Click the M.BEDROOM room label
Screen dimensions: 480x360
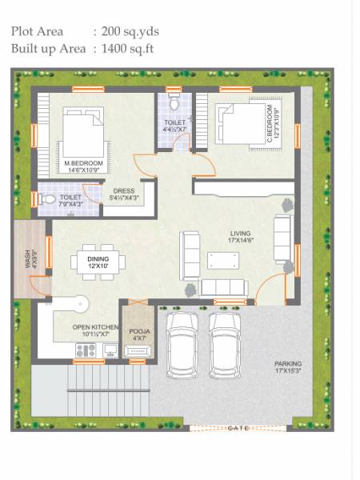tap(81, 164)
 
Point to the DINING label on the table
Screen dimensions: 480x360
tap(98, 258)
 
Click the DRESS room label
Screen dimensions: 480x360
tap(123, 190)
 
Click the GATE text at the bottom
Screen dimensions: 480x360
tap(238, 428)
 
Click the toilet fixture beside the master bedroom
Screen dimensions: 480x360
tap(47, 198)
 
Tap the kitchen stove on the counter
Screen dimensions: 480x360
tap(82, 350)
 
